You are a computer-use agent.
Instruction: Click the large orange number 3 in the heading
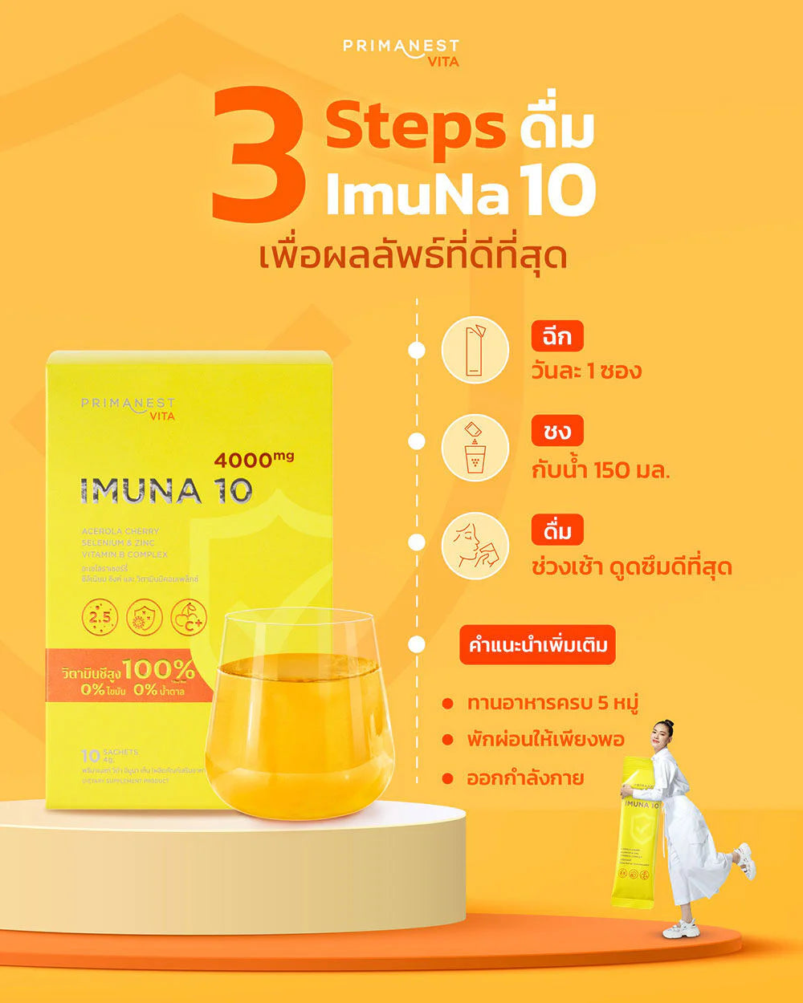(x=259, y=156)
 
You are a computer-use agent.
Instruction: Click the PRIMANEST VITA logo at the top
(x=401, y=52)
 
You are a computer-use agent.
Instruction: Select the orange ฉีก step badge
(x=556, y=336)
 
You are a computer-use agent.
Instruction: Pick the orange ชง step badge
(x=556, y=432)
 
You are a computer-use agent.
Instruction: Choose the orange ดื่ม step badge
(x=556, y=530)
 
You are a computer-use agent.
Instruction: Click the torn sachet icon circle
(x=475, y=350)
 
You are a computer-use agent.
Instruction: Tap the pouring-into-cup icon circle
(x=475, y=447)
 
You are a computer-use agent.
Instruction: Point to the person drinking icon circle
(x=475, y=546)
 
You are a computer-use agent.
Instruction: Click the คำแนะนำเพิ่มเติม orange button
(x=537, y=645)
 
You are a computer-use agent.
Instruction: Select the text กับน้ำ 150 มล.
(x=601, y=469)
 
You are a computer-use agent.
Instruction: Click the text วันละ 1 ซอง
(x=586, y=372)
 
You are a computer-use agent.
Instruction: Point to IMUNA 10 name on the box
(x=166, y=491)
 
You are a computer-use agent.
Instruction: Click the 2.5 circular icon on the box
(x=100, y=617)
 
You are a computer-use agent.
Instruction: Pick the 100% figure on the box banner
(x=158, y=669)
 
